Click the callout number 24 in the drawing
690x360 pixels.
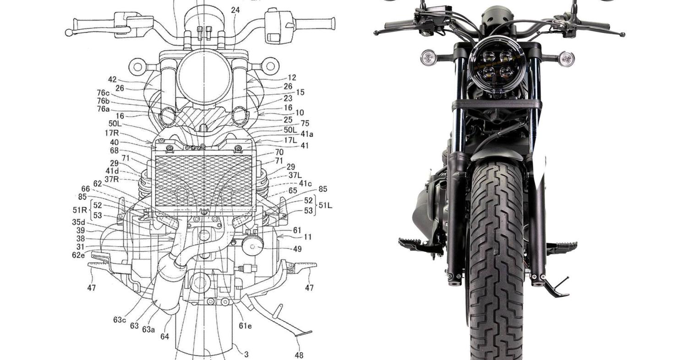tap(235, 11)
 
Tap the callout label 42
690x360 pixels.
tap(112, 79)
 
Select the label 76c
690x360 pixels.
tap(103, 93)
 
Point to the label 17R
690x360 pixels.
tap(111, 133)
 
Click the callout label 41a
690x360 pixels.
tap(307, 134)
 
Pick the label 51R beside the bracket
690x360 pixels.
tap(80, 210)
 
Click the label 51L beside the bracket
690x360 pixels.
tap(325, 205)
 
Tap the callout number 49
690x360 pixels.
tap(297, 249)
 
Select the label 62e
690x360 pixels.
tap(78, 255)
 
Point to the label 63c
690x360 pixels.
tap(120, 320)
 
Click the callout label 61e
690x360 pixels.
tap(245, 326)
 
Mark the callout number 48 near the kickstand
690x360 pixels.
tap(299, 355)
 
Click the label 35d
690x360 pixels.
tap(78, 222)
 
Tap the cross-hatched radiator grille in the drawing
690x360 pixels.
tap(203, 181)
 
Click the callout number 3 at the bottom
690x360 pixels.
tap(246, 355)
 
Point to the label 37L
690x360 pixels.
tap(295, 175)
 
